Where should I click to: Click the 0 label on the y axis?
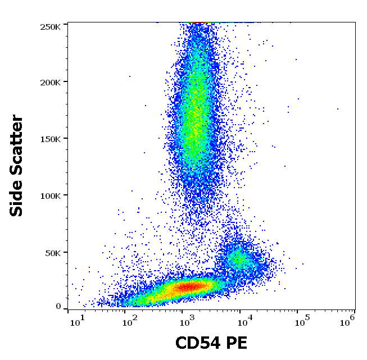click(58, 307)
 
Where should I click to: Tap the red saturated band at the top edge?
click(198, 23)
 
